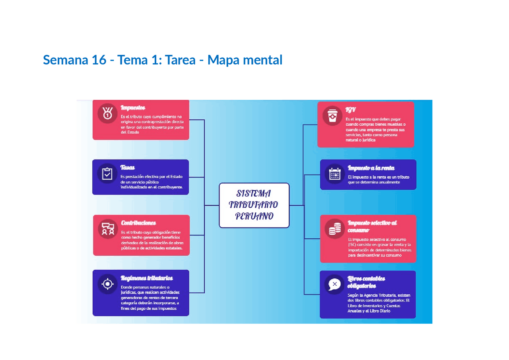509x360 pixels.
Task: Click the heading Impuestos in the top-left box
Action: pyautogui.click(x=133, y=108)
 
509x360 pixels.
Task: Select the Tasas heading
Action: pyautogui.click(x=128, y=167)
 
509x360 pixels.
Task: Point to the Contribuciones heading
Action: pyautogui.click(x=138, y=223)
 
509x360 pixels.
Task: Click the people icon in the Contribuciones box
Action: pyautogui.click(x=108, y=229)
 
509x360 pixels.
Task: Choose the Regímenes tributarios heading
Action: pyautogui.click(x=147, y=278)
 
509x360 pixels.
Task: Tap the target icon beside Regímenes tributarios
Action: pyautogui.click(x=107, y=284)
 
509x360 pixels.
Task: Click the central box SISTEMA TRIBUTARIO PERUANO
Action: pyautogui.click(x=254, y=205)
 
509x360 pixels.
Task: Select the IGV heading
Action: pyautogui.click(x=350, y=110)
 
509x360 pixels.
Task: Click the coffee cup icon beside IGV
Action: pyautogui.click(x=332, y=116)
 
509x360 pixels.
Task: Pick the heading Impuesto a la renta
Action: pyautogui.click(x=371, y=168)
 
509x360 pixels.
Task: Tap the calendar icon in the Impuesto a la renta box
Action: pyautogui.click(x=335, y=174)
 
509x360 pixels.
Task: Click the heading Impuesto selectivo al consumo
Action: pyautogui.click(x=372, y=226)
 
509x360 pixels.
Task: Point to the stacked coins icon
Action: pyautogui.click(x=334, y=229)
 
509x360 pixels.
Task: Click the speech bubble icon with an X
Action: pyautogui.click(x=334, y=284)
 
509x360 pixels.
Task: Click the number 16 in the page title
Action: pyautogui.click(x=99, y=60)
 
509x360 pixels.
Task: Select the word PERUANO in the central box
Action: pyautogui.click(x=254, y=216)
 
